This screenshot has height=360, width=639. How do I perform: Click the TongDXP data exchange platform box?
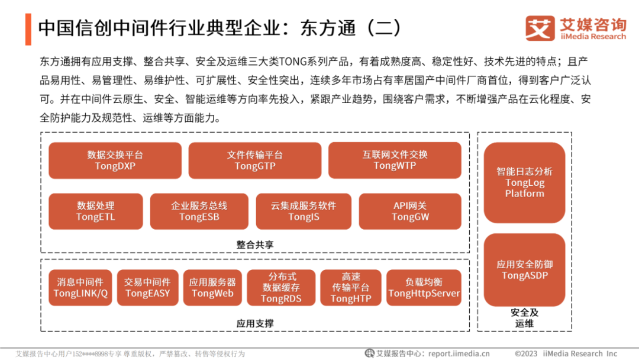point(115,160)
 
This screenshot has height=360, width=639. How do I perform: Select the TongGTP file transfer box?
point(254,160)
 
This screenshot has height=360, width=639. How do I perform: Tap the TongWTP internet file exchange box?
point(395,160)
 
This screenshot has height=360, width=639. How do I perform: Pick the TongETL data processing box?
point(96,211)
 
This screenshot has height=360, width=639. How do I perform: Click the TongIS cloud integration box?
point(304,211)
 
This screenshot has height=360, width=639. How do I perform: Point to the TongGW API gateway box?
point(410,211)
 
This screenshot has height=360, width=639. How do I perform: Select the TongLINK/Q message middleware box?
point(80,288)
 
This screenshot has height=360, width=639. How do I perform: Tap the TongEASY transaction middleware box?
point(147,288)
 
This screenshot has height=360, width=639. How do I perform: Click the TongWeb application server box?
point(212,288)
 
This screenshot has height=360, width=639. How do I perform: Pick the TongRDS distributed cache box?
point(281,288)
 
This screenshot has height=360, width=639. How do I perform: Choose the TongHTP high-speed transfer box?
point(351,288)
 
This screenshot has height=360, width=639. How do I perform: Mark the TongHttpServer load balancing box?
point(424,288)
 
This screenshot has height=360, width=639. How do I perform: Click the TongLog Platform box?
point(524,182)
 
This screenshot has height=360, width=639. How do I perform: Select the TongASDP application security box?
point(524,270)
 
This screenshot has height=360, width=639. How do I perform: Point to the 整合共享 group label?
point(255,244)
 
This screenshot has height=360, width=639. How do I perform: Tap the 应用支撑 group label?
point(255,323)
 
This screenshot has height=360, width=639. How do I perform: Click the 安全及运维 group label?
point(524,318)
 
